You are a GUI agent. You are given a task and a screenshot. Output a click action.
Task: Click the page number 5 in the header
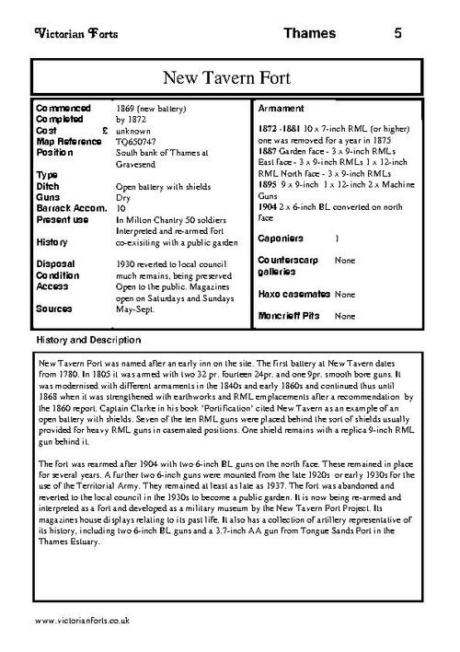point(397,33)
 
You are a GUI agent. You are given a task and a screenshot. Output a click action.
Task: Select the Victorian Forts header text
point(67,33)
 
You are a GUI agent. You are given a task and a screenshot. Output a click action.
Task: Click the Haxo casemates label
point(292,295)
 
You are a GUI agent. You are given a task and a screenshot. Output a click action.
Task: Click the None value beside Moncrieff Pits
point(345,316)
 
